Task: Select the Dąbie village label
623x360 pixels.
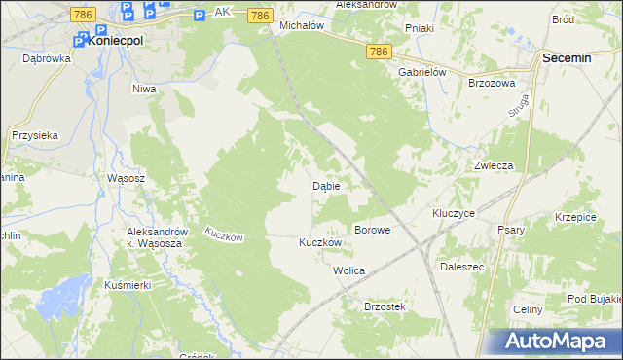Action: coord(325,185)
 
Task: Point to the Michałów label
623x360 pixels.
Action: coord(301,25)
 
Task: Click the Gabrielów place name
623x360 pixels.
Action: coord(421,71)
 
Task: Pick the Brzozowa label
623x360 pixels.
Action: coord(491,84)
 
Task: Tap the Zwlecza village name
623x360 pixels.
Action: coord(494,165)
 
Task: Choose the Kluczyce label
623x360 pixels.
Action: coord(453,212)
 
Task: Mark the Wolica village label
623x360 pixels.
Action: coord(348,270)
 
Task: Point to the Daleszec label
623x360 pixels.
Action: coord(461,265)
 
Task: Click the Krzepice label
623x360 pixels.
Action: coord(574,216)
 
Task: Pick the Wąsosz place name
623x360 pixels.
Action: coord(126,179)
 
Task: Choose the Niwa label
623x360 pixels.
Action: coord(144,88)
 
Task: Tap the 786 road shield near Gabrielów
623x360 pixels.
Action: coord(380,51)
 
